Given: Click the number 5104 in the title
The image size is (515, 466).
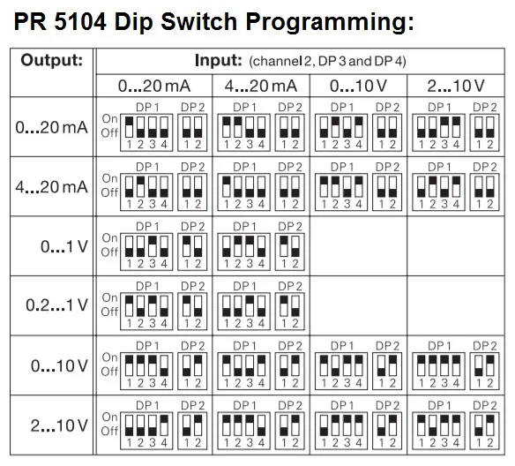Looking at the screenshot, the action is [x=80, y=22].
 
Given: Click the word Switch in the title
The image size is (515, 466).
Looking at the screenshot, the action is [x=199, y=22].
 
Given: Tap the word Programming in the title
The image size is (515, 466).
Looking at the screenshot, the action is [x=330, y=23].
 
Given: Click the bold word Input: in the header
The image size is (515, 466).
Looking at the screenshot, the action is [x=219, y=61].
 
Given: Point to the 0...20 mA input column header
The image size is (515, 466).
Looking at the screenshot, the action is [x=154, y=86].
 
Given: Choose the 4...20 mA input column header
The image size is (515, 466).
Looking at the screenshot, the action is [x=261, y=86].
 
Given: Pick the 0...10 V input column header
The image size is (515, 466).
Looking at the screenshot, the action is [x=358, y=86].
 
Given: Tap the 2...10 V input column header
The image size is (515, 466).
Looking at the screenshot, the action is [x=456, y=86].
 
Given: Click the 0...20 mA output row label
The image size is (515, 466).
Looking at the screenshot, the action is [x=51, y=127].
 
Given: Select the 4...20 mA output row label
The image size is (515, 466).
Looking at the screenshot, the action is [x=51, y=186].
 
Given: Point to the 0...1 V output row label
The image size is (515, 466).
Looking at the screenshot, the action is [x=64, y=246].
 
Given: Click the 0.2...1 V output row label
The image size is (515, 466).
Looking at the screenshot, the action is [x=56, y=305].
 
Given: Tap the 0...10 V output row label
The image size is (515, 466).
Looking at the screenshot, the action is [x=59, y=365].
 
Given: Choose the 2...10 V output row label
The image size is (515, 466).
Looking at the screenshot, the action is [x=59, y=425].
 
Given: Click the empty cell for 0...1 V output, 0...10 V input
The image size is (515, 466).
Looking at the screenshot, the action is [x=358, y=246].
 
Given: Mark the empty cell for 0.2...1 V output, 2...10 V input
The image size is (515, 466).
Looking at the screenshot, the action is [x=456, y=305].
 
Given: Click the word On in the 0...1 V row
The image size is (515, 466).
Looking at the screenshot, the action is [x=109, y=237].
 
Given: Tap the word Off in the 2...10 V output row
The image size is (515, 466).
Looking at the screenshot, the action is [x=109, y=431].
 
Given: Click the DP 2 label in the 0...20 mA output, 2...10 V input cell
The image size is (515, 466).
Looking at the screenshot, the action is [x=485, y=107].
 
